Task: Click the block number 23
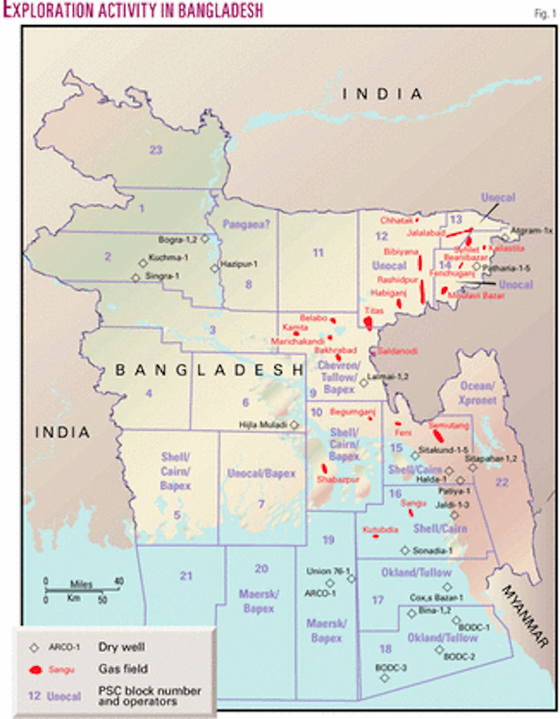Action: [x=156, y=150]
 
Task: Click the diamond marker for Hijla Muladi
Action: [x=294, y=425]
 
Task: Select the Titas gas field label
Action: [x=373, y=309]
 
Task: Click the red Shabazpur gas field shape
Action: [x=324, y=469]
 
